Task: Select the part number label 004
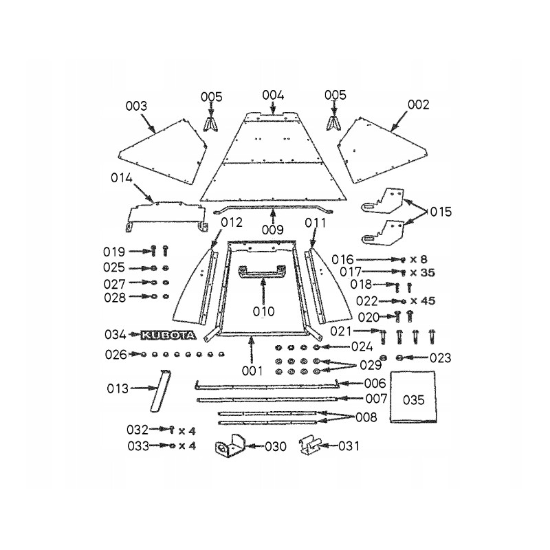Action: point(273,95)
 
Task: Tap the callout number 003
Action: point(137,106)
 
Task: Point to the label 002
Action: point(418,105)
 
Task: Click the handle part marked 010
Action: point(261,273)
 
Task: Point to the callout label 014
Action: point(122,178)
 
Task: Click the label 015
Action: point(441,212)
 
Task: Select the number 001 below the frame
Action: point(252,371)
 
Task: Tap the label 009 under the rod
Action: point(273,230)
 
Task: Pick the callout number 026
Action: point(116,355)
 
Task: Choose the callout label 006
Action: point(375,384)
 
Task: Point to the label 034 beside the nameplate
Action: point(116,335)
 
